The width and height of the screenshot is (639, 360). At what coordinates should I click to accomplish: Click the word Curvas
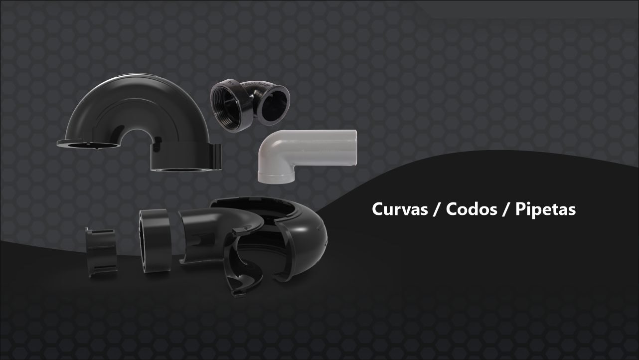[x=400, y=209]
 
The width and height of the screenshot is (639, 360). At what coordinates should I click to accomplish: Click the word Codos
[x=472, y=209]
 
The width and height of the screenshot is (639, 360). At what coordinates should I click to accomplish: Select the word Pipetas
[x=545, y=209]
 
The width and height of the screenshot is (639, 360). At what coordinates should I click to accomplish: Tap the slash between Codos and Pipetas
[x=506, y=209]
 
